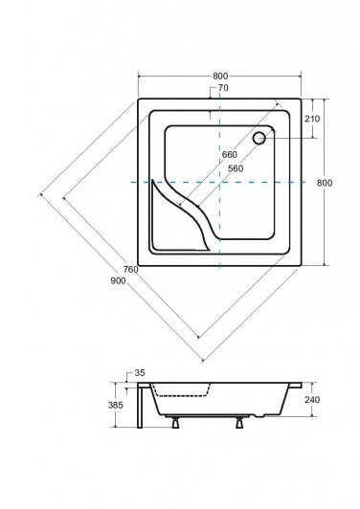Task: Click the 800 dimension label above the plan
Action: click(x=220, y=76)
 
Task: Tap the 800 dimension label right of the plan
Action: click(x=325, y=183)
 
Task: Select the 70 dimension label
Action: click(x=223, y=88)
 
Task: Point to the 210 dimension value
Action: click(x=312, y=119)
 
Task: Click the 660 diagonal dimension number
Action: click(x=230, y=155)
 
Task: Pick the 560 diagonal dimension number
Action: click(x=236, y=168)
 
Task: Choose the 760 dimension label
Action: click(x=130, y=270)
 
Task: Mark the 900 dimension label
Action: click(x=118, y=280)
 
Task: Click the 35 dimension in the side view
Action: click(x=140, y=373)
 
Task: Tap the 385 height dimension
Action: click(x=116, y=405)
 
